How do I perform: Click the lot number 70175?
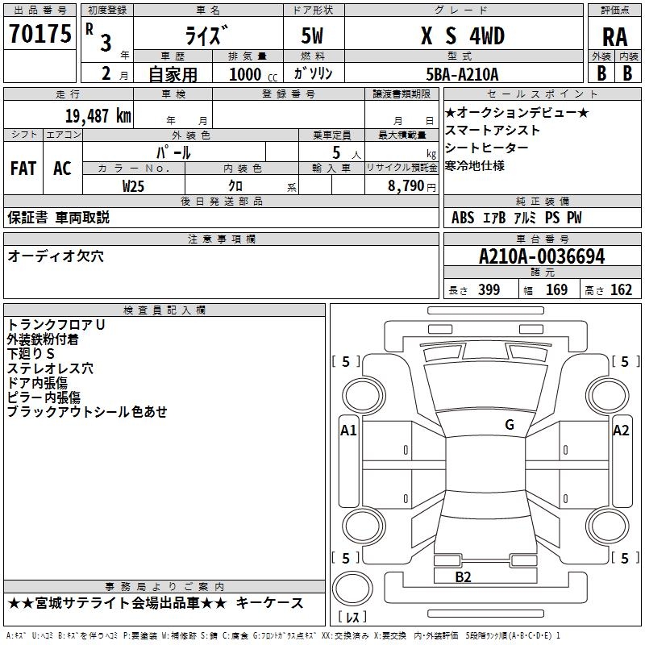point(40,35)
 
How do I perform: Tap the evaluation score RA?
point(614,37)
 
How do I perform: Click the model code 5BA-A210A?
point(462,73)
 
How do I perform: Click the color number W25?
point(134,185)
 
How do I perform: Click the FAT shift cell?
point(23,169)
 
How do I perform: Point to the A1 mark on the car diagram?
point(348,431)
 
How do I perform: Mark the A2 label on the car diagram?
point(621,431)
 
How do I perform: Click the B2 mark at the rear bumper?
point(463,576)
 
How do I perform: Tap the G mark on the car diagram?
point(510,425)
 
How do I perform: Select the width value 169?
point(556,290)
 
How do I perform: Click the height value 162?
point(621,290)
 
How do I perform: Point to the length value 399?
point(489,290)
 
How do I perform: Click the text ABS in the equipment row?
point(463,218)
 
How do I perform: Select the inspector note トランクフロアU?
point(56,324)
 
